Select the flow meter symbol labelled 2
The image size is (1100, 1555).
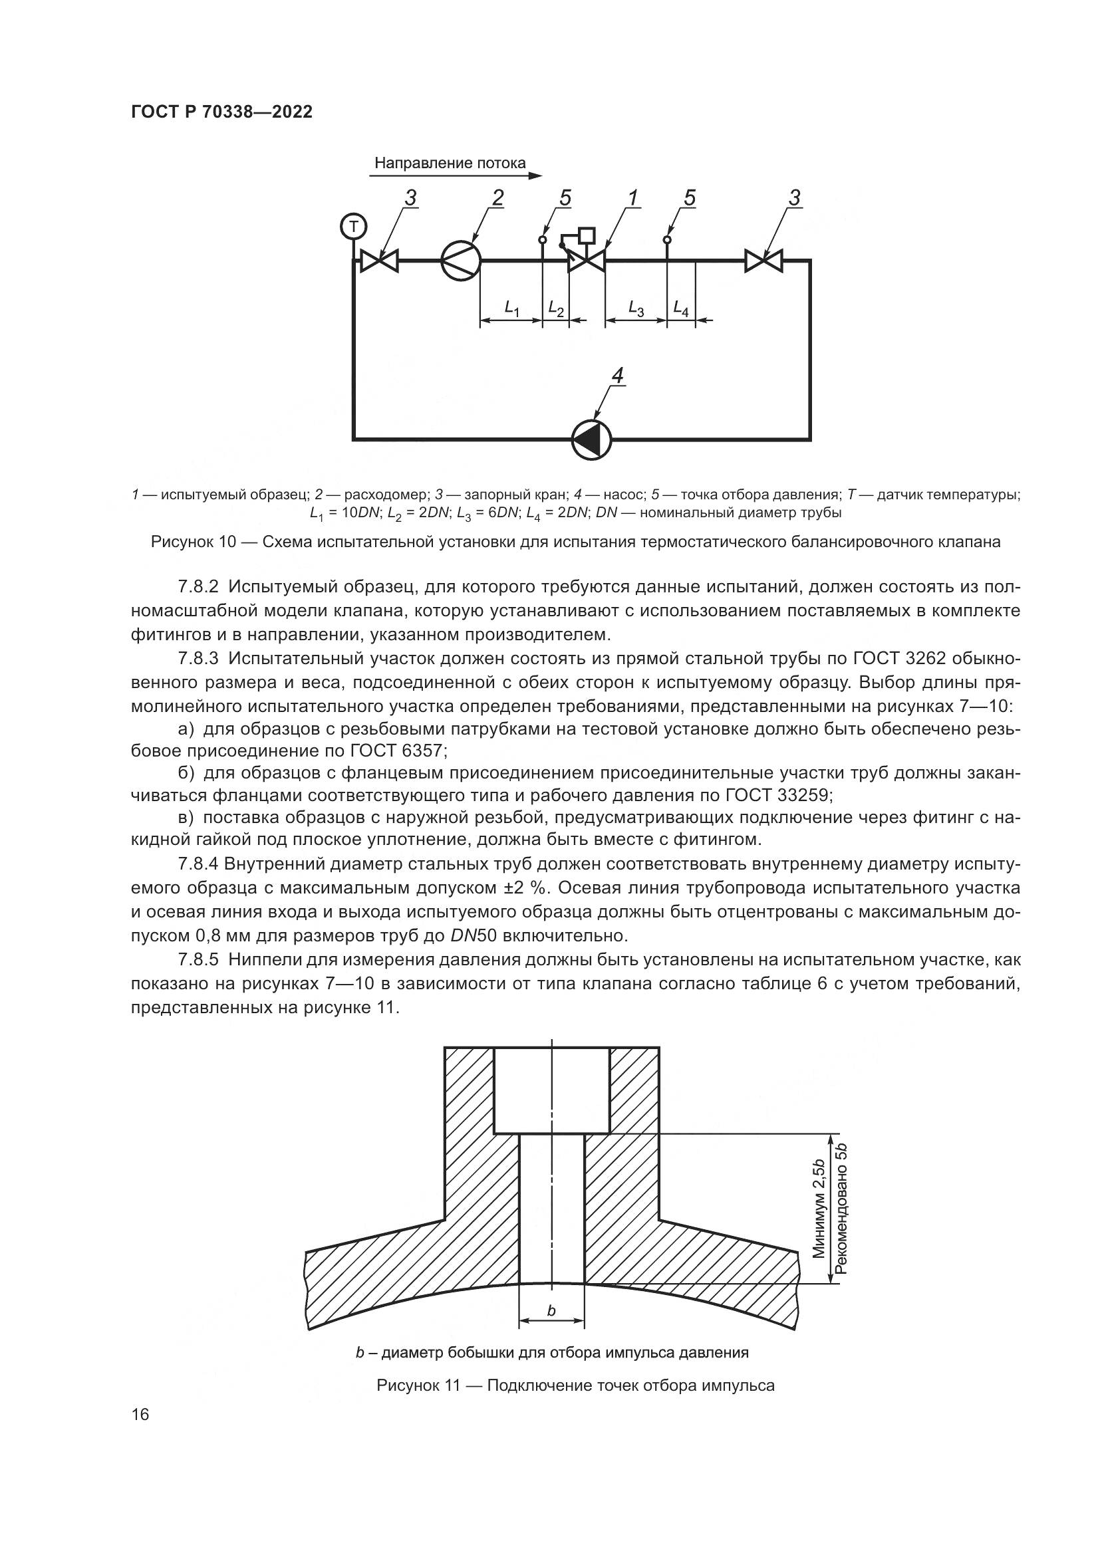(x=461, y=260)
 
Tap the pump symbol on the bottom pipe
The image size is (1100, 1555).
(x=591, y=439)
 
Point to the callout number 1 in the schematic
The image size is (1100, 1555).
(x=632, y=197)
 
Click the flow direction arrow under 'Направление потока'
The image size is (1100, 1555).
(x=456, y=176)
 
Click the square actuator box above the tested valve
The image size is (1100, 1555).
(x=587, y=236)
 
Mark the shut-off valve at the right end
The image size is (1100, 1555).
(x=763, y=261)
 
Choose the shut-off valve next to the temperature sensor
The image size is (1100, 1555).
(x=379, y=261)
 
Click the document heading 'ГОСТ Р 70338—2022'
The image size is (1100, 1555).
(x=221, y=112)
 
